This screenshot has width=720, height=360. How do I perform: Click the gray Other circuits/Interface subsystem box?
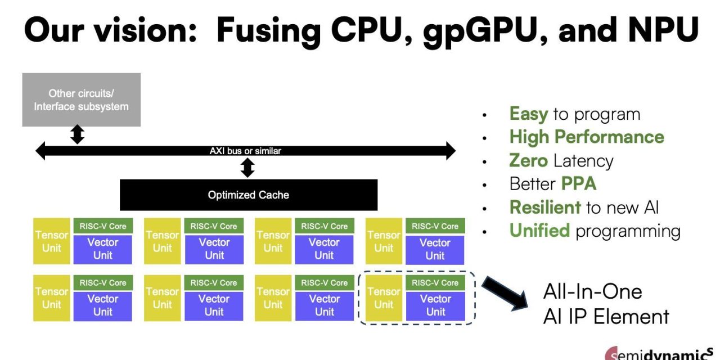click(81, 100)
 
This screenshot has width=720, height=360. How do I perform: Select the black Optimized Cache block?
click(248, 195)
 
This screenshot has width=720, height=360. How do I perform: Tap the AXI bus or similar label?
click(245, 151)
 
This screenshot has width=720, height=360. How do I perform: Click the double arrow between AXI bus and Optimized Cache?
click(247, 168)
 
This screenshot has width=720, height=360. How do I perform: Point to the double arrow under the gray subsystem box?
click(78, 135)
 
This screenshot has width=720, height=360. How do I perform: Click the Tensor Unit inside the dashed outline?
click(384, 298)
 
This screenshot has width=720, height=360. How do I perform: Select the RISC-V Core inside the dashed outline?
click(435, 283)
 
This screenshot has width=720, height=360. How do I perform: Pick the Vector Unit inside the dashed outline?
click(435, 305)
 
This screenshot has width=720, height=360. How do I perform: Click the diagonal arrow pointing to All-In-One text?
click(503, 291)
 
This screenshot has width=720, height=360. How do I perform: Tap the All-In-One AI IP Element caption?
click(606, 304)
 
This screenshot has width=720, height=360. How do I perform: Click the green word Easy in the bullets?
click(528, 114)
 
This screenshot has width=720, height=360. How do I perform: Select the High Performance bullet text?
click(586, 137)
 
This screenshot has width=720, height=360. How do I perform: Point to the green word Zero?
click(528, 161)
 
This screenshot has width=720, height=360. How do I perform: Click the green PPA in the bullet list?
click(578, 184)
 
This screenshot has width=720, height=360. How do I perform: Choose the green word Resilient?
click(544, 208)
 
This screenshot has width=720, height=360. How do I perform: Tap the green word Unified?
click(539, 231)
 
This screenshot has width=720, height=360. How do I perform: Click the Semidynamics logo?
click(661, 354)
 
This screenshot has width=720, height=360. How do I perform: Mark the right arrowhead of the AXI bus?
click(449, 151)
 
